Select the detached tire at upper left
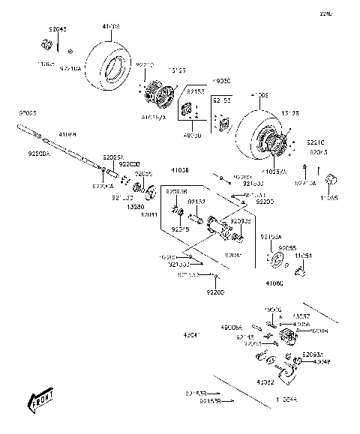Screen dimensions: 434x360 [x=109, y=64]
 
